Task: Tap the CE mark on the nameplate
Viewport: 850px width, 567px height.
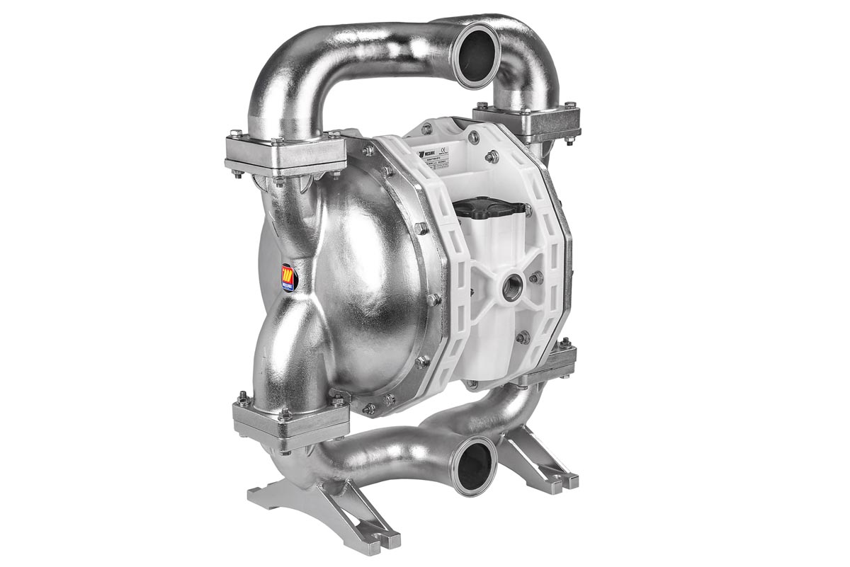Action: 444,149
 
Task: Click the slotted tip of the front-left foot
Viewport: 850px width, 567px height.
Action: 387,545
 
